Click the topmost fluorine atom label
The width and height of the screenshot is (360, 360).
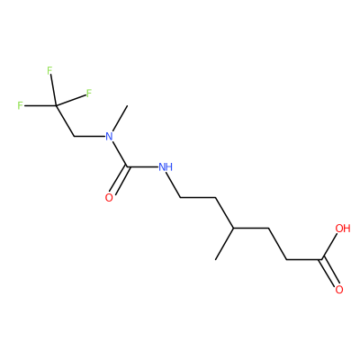(49, 70)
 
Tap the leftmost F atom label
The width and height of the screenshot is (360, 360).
(20, 105)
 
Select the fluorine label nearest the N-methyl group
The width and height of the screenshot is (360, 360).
(88, 94)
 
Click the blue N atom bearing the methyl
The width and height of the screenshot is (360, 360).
(109, 137)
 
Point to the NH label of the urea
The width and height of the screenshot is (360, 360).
(166, 166)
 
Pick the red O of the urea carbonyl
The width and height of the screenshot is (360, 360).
(109, 198)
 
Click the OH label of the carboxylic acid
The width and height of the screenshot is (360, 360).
(343, 229)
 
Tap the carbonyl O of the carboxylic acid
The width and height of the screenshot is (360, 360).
(339, 290)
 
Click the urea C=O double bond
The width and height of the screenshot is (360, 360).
(120, 180)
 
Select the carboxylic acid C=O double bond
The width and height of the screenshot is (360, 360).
(330, 272)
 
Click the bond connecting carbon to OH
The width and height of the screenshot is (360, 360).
(329, 247)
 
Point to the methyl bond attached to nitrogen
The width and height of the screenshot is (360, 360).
(120, 119)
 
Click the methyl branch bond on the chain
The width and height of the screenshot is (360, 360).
(225, 244)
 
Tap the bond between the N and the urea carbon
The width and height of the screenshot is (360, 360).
(120, 154)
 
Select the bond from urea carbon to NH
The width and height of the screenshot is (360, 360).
(143, 166)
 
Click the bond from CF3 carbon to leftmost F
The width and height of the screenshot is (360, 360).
(40, 105)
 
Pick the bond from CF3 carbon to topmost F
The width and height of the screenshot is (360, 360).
(53, 90)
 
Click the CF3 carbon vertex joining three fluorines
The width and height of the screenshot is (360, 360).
(56, 105)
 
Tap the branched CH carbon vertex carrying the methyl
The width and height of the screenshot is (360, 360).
(234, 228)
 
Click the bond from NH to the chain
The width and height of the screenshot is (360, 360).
(175, 185)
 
